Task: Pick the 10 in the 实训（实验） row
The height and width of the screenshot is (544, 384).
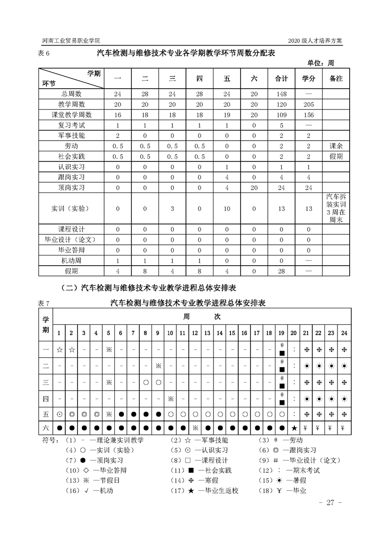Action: tap(227, 208)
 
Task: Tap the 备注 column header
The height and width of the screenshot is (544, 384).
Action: tap(336, 78)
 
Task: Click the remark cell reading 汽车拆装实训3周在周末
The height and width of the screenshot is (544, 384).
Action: tap(336, 208)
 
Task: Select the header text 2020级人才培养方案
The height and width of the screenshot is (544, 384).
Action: tap(315, 41)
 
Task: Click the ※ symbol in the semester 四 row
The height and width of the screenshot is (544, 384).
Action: tap(170, 399)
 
